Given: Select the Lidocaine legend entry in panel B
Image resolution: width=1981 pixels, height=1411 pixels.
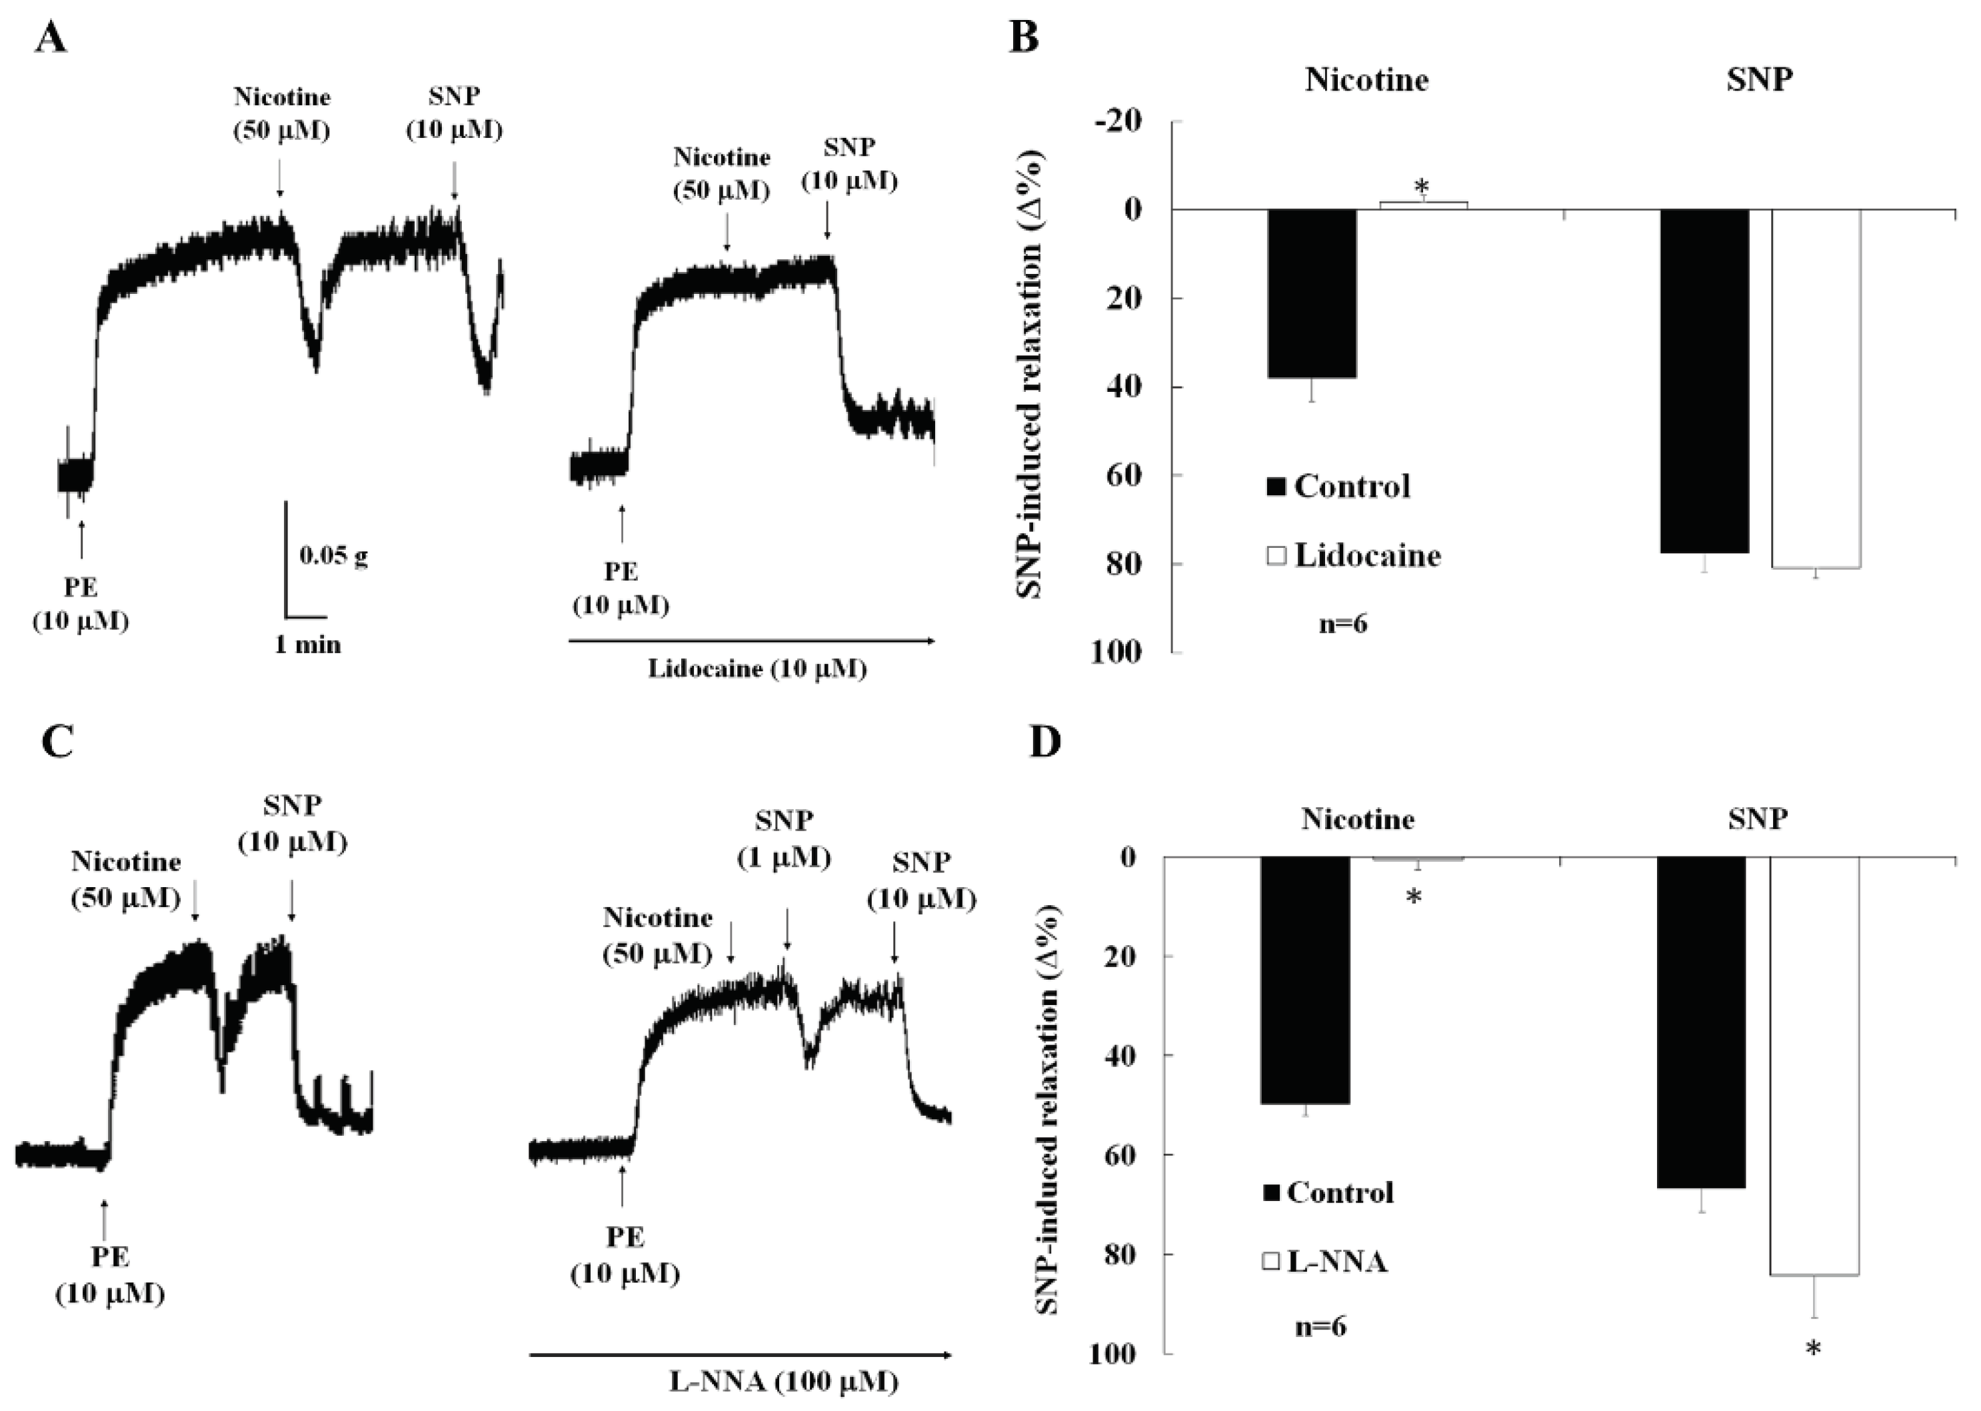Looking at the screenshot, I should [1354, 555].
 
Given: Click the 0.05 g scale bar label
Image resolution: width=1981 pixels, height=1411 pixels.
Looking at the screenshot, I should [334, 555].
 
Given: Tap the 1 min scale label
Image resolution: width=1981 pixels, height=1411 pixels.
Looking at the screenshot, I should [307, 645].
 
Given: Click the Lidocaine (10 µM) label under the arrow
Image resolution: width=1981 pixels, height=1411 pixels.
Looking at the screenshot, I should [757, 669].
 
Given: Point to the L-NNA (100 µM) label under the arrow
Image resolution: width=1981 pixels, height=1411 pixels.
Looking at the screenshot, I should [783, 1382].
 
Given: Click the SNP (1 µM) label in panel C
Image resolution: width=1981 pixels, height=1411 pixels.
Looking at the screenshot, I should [784, 838].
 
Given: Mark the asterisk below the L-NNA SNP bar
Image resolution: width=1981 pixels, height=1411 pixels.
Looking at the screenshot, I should [1812, 1349].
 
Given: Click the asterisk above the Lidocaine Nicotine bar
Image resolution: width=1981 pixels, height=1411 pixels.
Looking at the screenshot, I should [1422, 186].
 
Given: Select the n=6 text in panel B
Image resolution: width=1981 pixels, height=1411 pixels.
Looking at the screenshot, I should [1342, 624].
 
